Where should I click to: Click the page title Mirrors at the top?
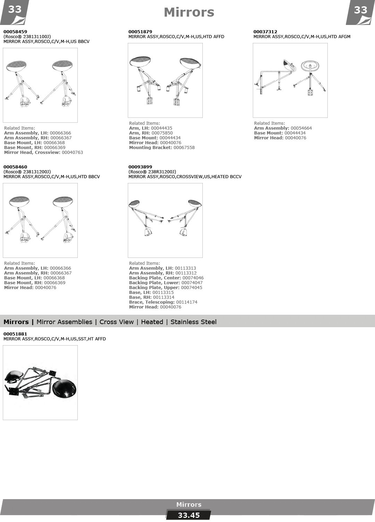pyautogui.click(x=189, y=12)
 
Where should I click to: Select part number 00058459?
pyautogui.click(x=15, y=32)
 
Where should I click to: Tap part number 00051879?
pyautogui.click(x=140, y=32)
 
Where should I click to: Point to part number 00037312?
pyautogui.click(x=265, y=32)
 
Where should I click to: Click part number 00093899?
pyautogui.click(x=140, y=167)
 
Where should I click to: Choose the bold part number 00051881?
pyautogui.click(x=15, y=334)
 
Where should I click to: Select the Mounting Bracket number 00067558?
pyautogui.click(x=184, y=148)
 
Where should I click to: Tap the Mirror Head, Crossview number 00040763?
pyautogui.click(x=72, y=153)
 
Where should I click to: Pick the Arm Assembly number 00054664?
pyautogui.click(x=301, y=128)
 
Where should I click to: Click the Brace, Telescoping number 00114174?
pyautogui.click(x=187, y=302)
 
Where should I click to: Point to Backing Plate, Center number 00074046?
pyautogui.click(x=193, y=278)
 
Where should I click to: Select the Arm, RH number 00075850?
pyautogui.click(x=162, y=133)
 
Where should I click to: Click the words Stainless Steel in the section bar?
pyautogui.click(x=193, y=322)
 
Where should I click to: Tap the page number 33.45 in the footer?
pyautogui.click(x=189, y=515)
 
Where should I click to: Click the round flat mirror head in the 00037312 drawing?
pyautogui.click(x=310, y=66)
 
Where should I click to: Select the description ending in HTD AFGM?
pyautogui.click(x=302, y=37)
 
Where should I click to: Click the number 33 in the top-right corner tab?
pyautogui.click(x=360, y=10)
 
